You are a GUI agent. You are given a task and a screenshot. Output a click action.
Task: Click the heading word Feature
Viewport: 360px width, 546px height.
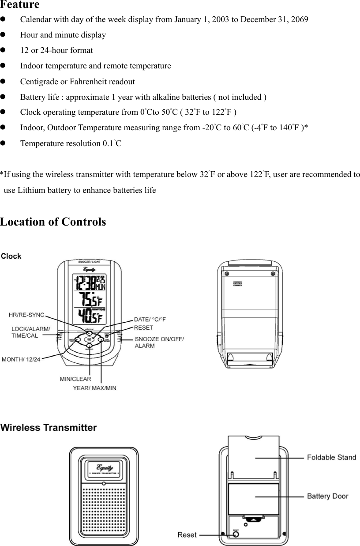[x=20, y=5]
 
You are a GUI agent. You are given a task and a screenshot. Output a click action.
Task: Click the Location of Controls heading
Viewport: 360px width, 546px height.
[x=53, y=222]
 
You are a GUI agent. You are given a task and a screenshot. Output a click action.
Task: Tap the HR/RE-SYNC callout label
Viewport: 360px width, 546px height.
[x=26, y=315]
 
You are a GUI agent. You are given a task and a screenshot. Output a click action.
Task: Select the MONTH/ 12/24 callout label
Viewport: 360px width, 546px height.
[x=21, y=359]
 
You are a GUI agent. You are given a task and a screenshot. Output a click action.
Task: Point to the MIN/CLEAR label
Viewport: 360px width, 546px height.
[x=75, y=379]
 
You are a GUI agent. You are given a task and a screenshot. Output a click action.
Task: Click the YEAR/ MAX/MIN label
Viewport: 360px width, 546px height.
[x=94, y=388]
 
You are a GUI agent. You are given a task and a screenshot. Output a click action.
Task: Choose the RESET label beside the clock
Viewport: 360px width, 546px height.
[x=143, y=328]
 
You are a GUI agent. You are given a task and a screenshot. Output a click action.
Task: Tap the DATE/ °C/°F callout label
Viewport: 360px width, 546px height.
[x=150, y=319]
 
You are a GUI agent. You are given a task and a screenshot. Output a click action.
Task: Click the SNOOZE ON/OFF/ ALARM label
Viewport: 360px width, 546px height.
[x=159, y=342]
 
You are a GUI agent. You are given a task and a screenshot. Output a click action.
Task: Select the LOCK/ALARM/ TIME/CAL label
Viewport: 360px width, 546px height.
[x=31, y=332]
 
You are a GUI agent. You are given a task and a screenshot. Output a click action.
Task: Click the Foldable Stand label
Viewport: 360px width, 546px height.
[x=331, y=457]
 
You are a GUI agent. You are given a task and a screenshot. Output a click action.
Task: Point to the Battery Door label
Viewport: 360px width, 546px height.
[x=327, y=496]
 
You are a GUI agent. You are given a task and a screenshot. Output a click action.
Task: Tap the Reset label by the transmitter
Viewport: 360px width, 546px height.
[x=187, y=535]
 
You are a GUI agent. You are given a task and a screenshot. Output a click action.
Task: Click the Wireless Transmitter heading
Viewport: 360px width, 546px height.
[x=49, y=427]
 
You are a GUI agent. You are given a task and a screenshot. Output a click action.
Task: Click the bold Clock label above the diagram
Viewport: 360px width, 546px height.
[x=11, y=256]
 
